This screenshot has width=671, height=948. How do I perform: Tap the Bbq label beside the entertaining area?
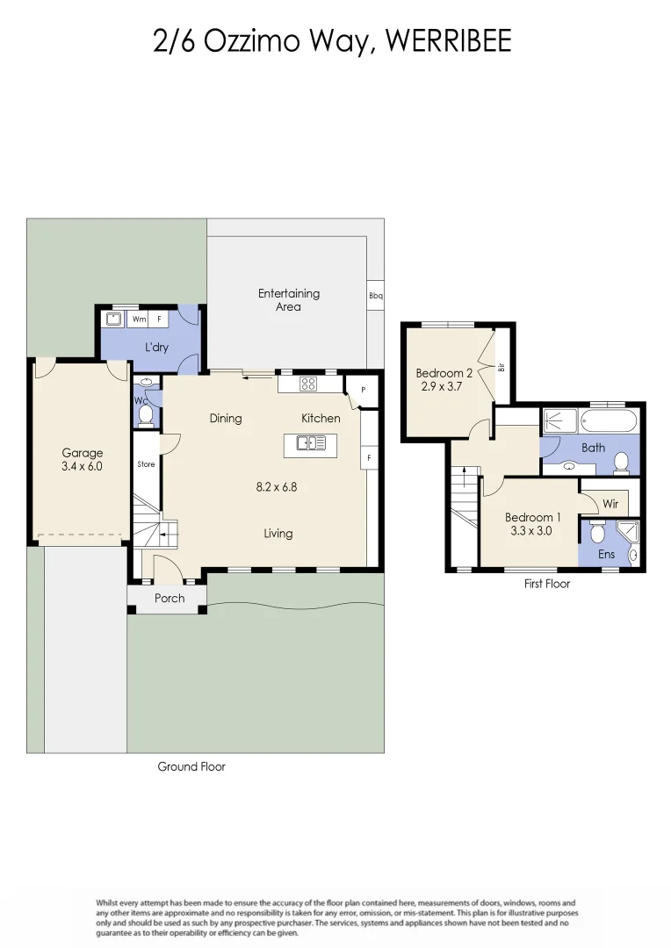pyautogui.click(x=375, y=297)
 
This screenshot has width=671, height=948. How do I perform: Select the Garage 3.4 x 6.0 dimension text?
pyautogui.click(x=82, y=467)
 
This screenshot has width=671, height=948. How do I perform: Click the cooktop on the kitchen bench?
pyautogui.click(x=308, y=383)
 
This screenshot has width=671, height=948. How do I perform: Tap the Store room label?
pyautogui.click(x=146, y=464)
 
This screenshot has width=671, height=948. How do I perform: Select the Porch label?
pyautogui.click(x=170, y=599)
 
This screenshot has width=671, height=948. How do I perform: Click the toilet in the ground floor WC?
pyautogui.click(x=147, y=413)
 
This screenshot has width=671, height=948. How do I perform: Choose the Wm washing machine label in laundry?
pyautogui.click(x=139, y=320)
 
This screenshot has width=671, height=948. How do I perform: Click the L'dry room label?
pyautogui.click(x=156, y=348)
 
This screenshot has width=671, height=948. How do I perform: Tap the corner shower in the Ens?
pyautogui.click(x=629, y=533)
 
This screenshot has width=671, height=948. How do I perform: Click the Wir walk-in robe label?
pyautogui.click(x=610, y=505)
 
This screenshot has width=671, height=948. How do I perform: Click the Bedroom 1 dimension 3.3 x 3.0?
pyautogui.click(x=530, y=530)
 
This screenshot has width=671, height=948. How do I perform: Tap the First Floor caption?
pyautogui.click(x=546, y=584)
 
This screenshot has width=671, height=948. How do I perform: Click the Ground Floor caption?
pyautogui.click(x=191, y=766)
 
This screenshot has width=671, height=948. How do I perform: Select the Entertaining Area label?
pyautogui.click(x=288, y=300)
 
